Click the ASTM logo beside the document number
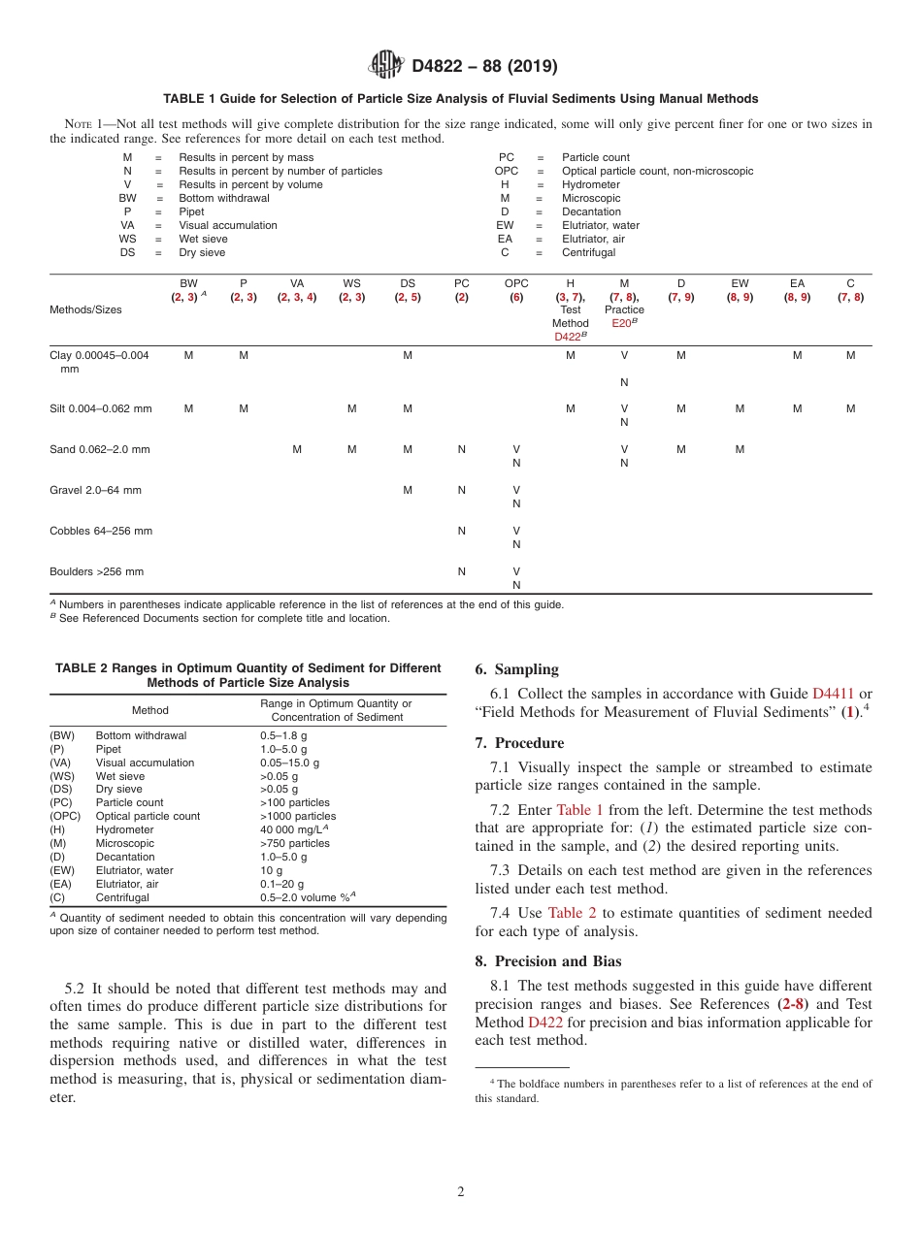point(386,65)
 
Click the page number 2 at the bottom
point(461,1191)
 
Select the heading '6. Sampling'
point(516,669)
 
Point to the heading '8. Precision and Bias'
point(549,961)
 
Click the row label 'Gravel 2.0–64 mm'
point(95,490)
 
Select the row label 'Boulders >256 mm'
point(96,571)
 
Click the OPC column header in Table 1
point(516,284)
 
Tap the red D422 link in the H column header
point(568,337)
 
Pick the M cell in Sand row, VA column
point(297,449)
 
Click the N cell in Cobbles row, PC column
point(462,531)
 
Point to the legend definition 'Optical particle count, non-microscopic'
point(657,171)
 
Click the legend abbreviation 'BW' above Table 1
point(127,198)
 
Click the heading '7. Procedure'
point(519,743)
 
